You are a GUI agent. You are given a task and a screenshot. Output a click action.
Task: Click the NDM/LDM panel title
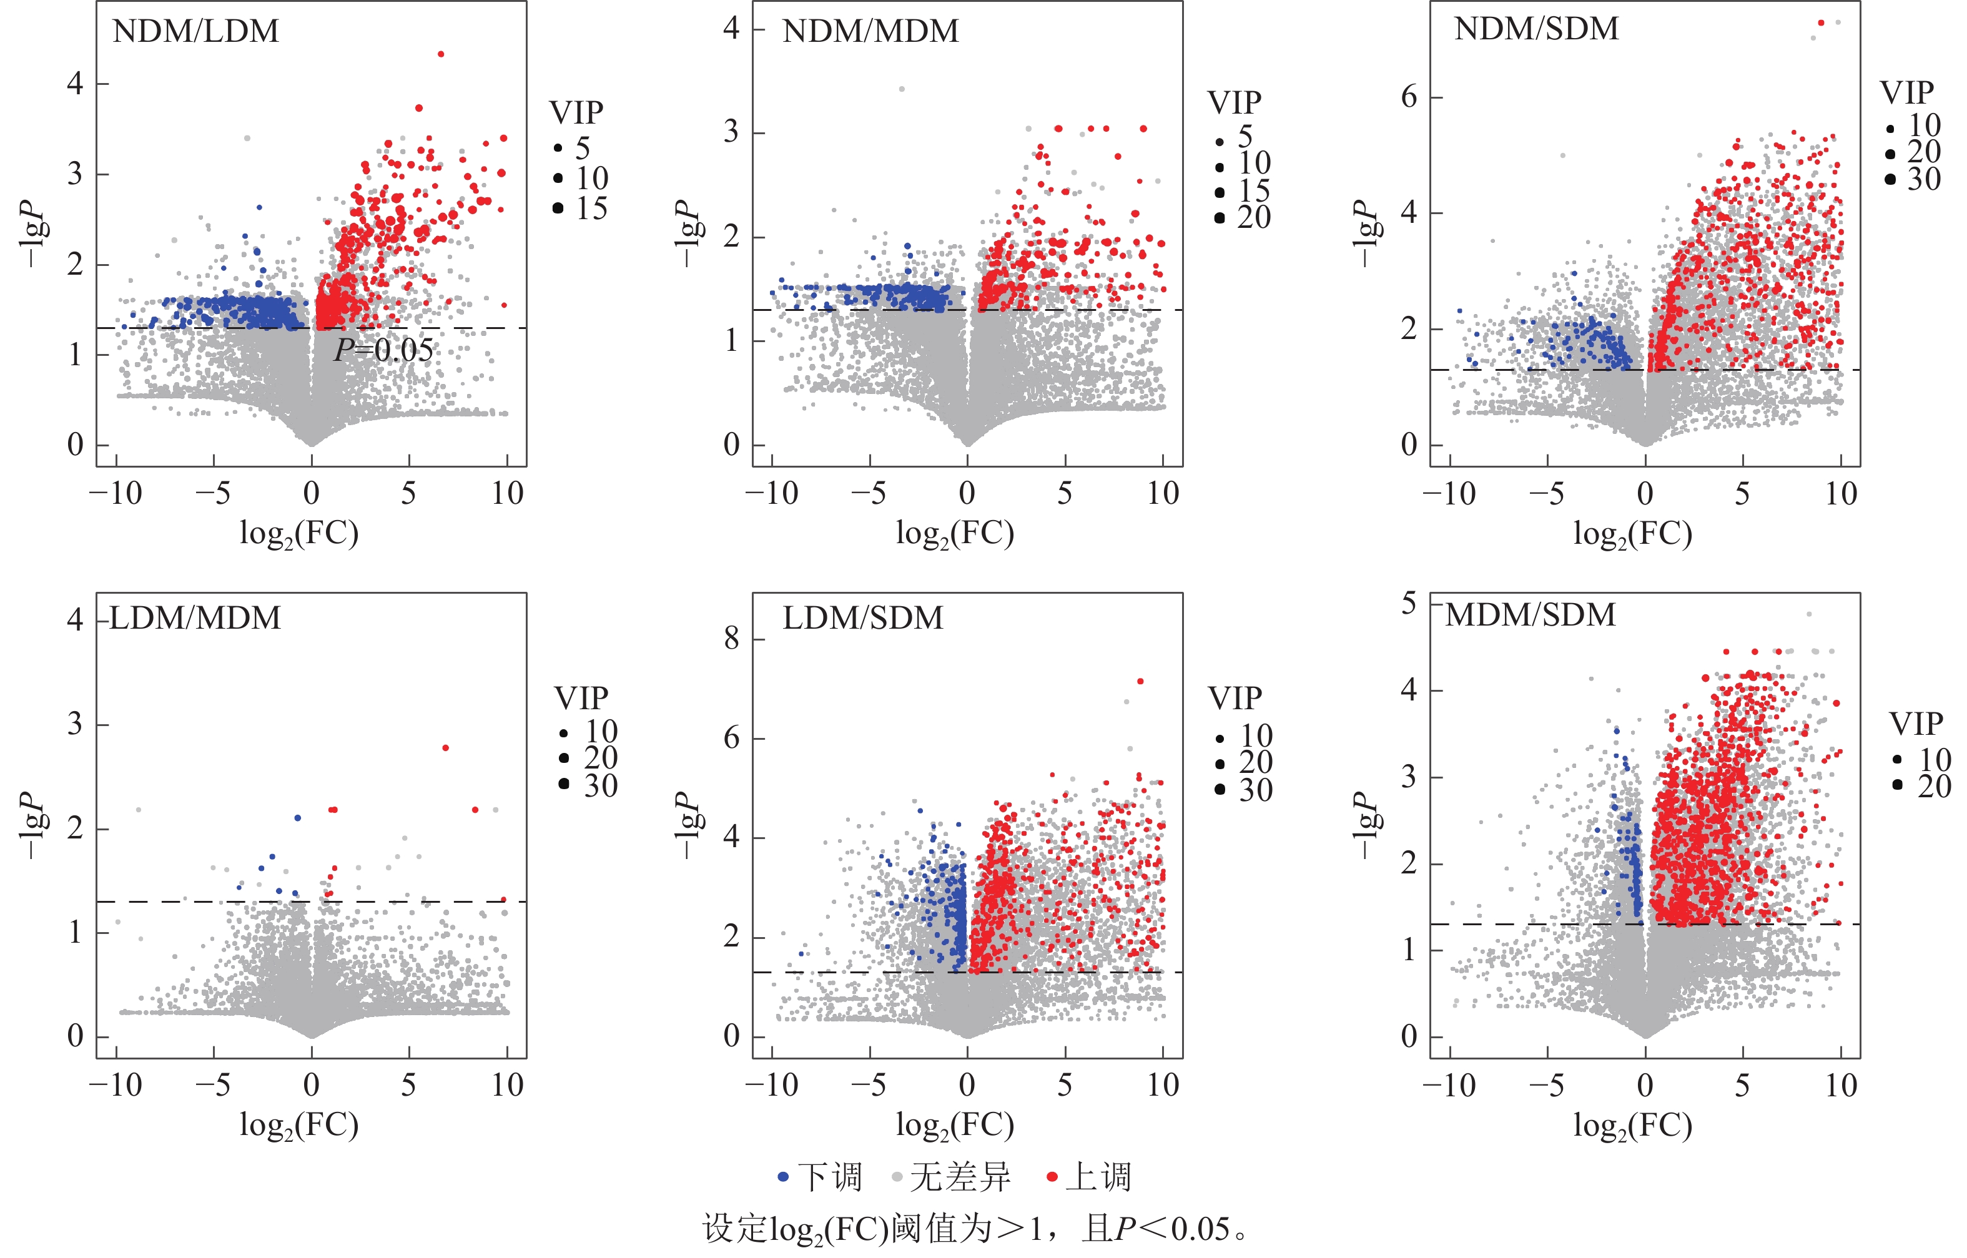point(195,32)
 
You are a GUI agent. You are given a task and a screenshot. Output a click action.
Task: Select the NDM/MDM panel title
point(870,32)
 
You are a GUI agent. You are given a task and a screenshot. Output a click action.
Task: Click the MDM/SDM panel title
point(1530,615)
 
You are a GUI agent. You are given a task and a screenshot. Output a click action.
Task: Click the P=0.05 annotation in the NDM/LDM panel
point(383,350)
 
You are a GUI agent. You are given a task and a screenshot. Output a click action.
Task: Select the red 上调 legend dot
point(1052,1177)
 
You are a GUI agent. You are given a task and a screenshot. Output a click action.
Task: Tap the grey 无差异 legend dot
point(896,1177)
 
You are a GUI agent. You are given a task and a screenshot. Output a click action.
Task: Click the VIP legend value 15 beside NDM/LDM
point(591,209)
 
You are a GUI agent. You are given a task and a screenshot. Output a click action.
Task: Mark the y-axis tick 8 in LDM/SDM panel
point(732,639)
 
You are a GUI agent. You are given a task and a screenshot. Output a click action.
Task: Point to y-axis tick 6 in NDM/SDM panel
point(1409,97)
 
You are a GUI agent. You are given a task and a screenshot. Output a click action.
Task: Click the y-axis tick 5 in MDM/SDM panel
point(1409,604)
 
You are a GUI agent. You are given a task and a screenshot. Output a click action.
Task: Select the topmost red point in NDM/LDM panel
point(441,54)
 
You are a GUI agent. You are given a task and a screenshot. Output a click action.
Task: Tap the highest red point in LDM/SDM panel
point(1140,681)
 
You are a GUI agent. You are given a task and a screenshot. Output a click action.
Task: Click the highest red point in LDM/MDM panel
point(445,747)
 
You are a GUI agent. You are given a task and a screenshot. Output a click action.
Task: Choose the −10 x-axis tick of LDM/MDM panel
point(116,1086)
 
